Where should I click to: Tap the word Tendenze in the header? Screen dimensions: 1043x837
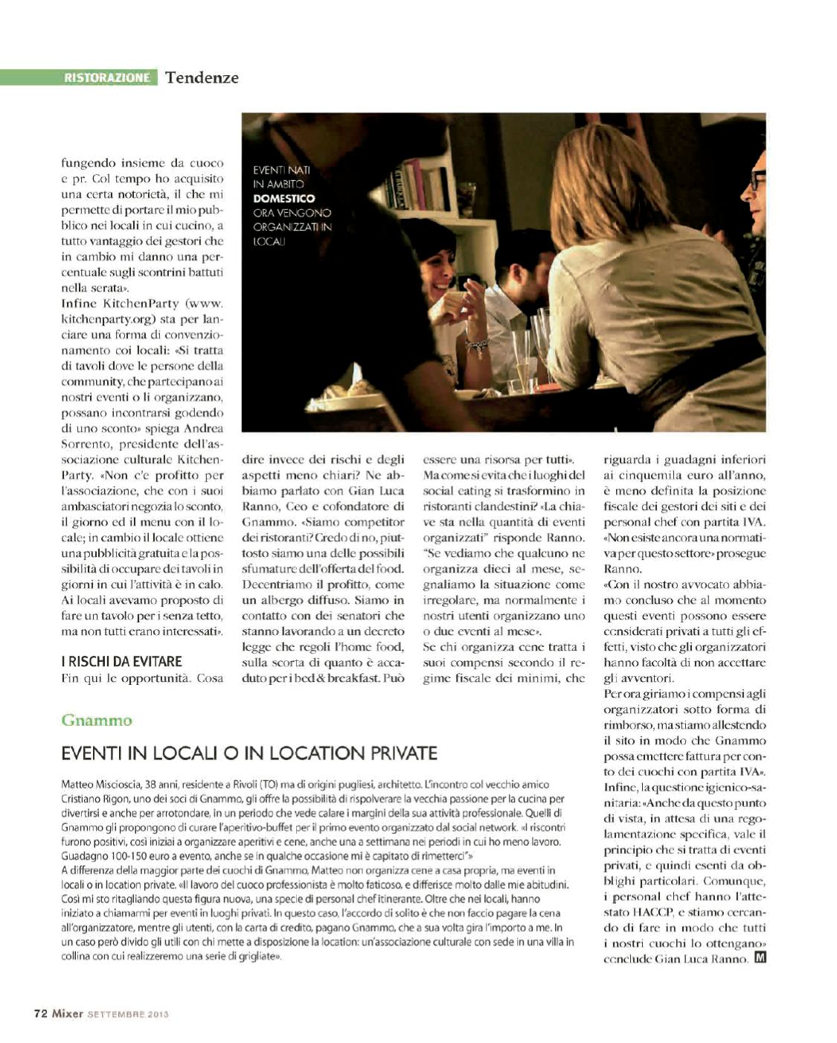point(202,77)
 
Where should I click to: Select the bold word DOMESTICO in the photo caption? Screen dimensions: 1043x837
point(283,199)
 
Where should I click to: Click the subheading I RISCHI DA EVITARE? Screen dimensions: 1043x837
point(121,661)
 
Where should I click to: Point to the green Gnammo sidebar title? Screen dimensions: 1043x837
point(97,720)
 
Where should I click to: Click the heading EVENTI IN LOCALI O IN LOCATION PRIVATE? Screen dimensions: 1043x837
point(248,753)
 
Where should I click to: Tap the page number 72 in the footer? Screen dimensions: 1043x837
point(41,1013)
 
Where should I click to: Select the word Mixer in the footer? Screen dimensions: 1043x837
point(67,1013)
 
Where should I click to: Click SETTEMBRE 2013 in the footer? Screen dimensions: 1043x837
point(128,1014)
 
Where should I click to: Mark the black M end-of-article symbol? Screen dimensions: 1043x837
point(760,958)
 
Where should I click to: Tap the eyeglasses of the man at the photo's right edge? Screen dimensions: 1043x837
point(756,179)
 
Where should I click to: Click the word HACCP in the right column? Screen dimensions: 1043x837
point(653,912)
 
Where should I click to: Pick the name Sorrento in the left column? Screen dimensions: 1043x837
point(85,444)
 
